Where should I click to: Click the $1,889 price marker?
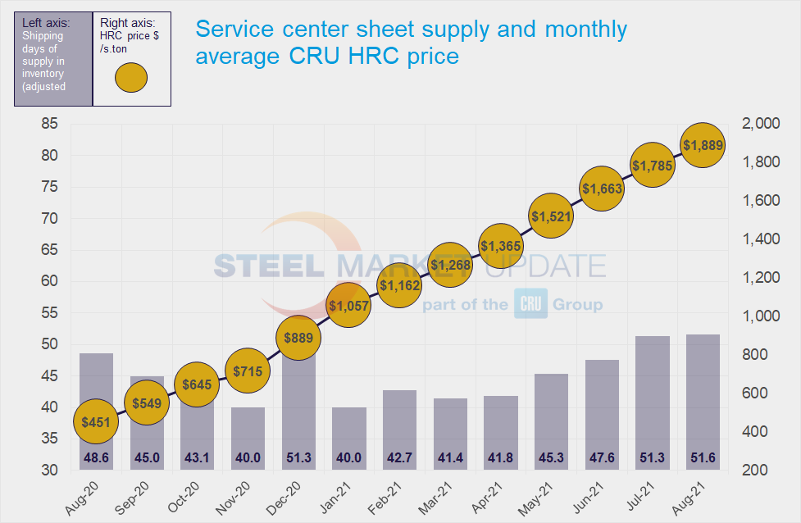(703, 146)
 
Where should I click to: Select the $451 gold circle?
(96, 422)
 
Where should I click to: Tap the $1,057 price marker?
(349, 306)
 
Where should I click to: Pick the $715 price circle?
(248, 371)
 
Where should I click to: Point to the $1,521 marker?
(552, 216)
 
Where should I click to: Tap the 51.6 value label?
(703, 457)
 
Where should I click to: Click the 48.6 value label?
(96, 457)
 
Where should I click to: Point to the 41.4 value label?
(451, 457)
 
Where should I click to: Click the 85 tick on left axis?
(48, 125)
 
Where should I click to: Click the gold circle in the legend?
(130, 78)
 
